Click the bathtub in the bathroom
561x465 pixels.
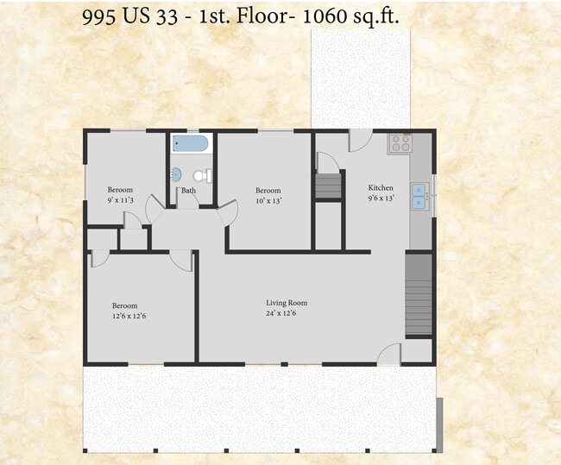tap(190, 143)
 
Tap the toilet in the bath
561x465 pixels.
tap(203, 176)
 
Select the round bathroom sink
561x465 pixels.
tap(176, 174)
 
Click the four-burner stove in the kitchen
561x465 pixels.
tap(400, 143)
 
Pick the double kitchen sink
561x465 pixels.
tap(419, 196)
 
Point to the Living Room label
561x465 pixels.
tap(287, 303)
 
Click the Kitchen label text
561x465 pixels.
tap(381, 188)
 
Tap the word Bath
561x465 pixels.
tap(188, 191)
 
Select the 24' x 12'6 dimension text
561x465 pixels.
tap(280, 313)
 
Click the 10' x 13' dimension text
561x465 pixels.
tap(268, 201)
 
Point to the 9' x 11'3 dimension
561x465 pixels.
tap(121, 200)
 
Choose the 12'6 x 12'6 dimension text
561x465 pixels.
tap(129, 317)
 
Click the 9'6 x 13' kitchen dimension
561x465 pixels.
tap(381, 198)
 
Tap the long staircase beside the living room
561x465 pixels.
tap(419, 295)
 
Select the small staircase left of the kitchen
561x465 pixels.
tap(328, 186)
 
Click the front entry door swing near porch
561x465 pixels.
tap(389, 354)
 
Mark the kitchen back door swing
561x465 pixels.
tap(361, 141)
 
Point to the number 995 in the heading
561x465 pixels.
tap(98, 16)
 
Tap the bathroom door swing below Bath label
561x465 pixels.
tap(188, 201)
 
